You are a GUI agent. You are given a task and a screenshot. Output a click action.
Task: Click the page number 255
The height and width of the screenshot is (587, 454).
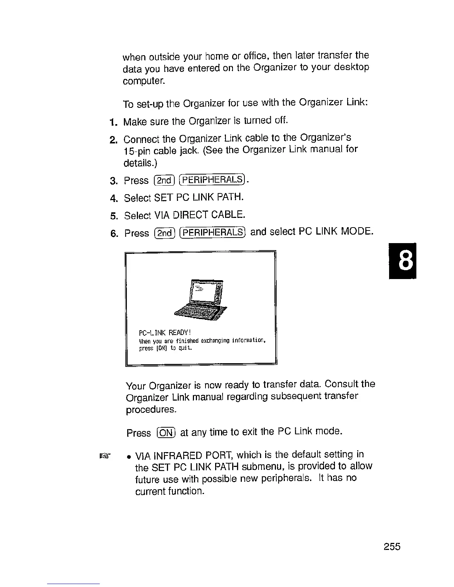392,547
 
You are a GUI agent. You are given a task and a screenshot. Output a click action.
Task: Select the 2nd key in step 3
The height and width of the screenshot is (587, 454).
164,180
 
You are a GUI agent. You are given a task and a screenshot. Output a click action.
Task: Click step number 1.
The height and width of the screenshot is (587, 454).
113,122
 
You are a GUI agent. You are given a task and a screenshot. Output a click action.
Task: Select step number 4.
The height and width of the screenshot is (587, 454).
113,198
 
